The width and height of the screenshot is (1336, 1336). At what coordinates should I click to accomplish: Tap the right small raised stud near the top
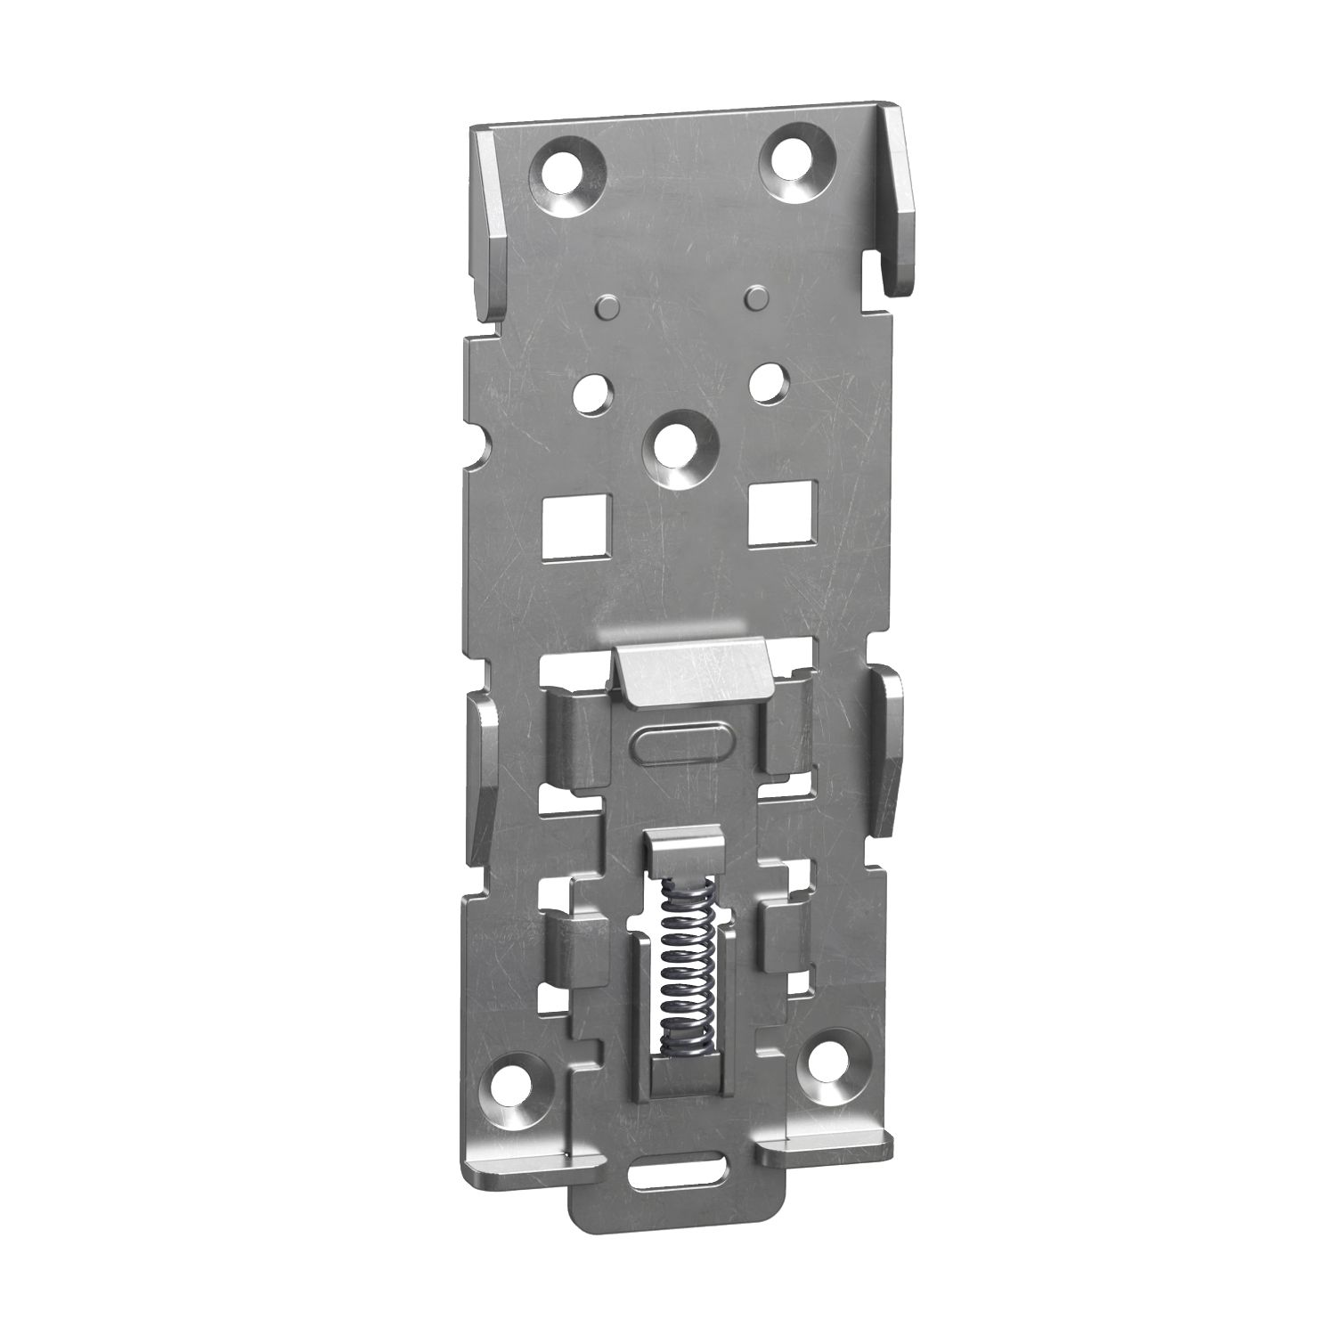[x=756, y=295]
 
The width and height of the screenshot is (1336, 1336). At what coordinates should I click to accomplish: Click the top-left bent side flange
[x=488, y=223]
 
